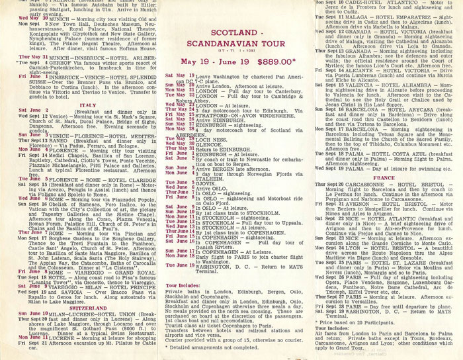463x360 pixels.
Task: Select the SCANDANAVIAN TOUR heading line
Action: click(x=229, y=40)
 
